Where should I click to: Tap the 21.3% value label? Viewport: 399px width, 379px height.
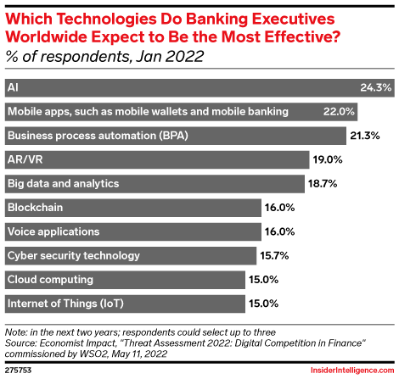[365, 136]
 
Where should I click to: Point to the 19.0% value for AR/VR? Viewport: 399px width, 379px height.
[327, 159]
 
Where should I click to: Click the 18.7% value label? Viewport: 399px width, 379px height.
[323, 183]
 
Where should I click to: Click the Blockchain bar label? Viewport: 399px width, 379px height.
[35, 207]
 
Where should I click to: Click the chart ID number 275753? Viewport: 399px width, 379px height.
[18, 370]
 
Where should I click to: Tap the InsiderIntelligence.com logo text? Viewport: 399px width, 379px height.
[348, 370]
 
